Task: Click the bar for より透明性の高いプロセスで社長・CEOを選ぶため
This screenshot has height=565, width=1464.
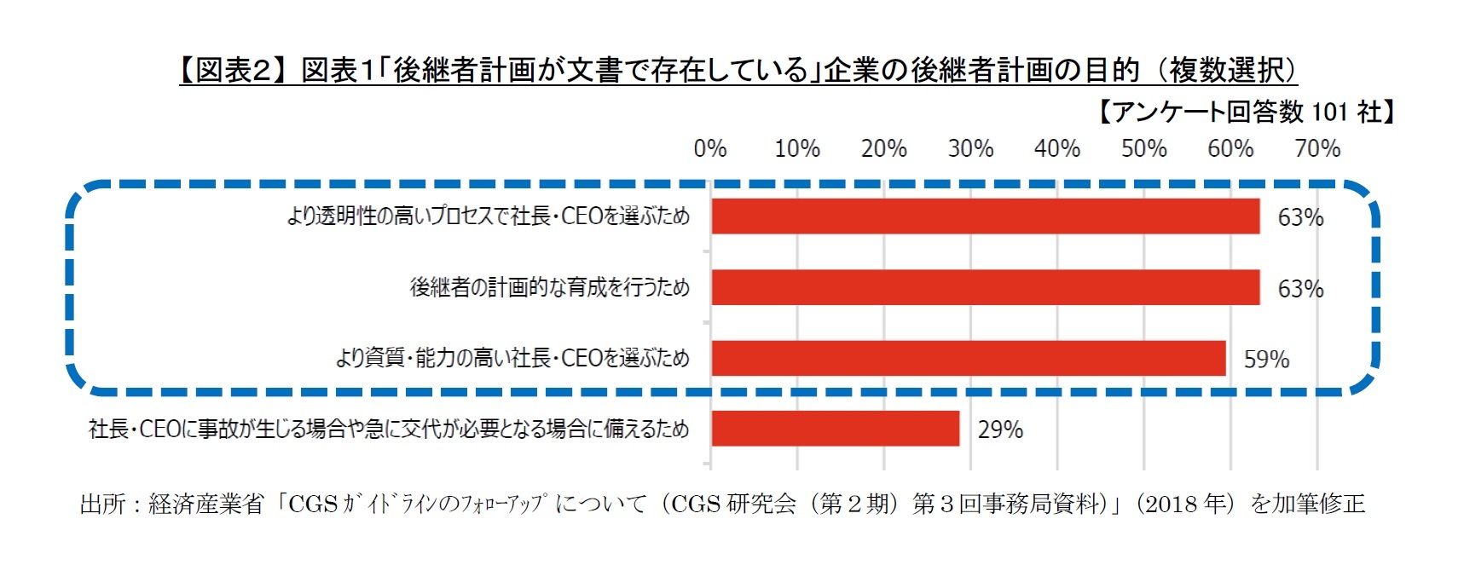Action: pyautogui.click(x=985, y=216)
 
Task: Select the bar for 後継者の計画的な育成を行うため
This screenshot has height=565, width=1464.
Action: pyautogui.click(x=985, y=287)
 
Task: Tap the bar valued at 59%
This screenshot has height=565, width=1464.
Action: pyautogui.click(x=968, y=358)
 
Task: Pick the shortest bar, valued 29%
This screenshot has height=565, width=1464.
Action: pyautogui.click(x=835, y=429)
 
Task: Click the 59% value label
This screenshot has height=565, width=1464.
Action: pyautogui.click(x=1266, y=360)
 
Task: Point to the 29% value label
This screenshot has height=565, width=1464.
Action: pyautogui.click(x=1000, y=430)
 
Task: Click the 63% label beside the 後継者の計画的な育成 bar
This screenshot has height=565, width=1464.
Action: pyautogui.click(x=1300, y=289)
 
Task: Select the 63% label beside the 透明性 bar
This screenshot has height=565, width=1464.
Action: pyautogui.click(x=1300, y=218)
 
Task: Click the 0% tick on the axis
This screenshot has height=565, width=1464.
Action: pyautogui.click(x=710, y=149)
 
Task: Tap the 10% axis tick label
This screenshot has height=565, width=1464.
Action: pyautogui.click(x=797, y=149)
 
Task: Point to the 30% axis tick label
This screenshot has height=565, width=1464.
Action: pyautogui.click(x=970, y=149)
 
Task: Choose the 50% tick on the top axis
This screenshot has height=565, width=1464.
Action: pyautogui.click(x=1143, y=149)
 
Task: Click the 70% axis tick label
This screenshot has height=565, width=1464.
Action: pyautogui.click(x=1317, y=149)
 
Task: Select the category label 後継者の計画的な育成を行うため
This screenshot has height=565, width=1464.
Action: pyautogui.click(x=550, y=287)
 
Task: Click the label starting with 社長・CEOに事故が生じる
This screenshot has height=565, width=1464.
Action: pyautogui.click(x=389, y=429)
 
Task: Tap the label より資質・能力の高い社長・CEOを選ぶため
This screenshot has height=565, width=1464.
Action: pyautogui.click(x=512, y=358)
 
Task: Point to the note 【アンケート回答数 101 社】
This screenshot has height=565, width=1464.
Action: pyautogui.click(x=1245, y=112)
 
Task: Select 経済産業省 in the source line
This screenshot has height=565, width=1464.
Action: pyautogui.click(x=206, y=504)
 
